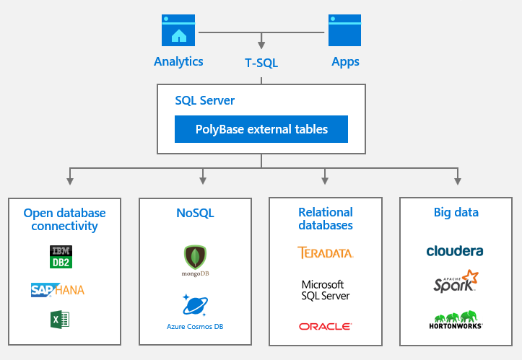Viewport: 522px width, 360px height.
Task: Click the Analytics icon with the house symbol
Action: tap(178, 30)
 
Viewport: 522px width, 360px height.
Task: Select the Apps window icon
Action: tap(344, 30)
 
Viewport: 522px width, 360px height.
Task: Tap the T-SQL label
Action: tap(261, 63)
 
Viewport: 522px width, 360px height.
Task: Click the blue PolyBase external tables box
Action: tap(261, 130)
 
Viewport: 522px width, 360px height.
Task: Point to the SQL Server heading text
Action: tap(205, 101)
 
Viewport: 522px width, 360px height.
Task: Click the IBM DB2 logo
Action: tap(60, 257)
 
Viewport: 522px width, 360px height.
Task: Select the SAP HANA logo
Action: tap(58, 289)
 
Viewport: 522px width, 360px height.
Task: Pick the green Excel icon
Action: tap(60, 318)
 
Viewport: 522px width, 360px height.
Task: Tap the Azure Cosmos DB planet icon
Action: tap(195, 305)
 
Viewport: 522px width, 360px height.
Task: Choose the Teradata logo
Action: tap(325, 253)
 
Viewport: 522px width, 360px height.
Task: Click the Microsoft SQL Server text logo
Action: tap(325, 290)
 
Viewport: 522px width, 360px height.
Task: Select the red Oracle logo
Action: tap(325, 326)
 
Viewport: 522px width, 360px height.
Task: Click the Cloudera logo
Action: tap(455, 251)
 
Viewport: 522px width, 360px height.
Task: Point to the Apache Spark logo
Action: tap(456, 281)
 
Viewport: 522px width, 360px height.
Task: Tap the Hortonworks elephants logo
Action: tap(456, 320)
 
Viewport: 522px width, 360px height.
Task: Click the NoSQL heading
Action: tap(195, 213)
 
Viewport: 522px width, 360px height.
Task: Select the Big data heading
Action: tap(456, 212)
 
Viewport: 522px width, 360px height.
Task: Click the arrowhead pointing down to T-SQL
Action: tap(261, 46)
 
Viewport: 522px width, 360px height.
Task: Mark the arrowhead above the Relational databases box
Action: tap(325, 180)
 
